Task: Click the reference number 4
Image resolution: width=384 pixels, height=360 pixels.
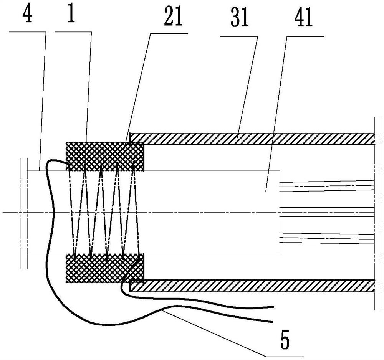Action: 27,15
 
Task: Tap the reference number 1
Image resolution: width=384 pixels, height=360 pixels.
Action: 71,14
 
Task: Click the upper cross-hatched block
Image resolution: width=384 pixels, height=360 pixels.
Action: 105,157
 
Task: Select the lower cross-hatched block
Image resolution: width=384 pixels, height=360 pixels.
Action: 105,269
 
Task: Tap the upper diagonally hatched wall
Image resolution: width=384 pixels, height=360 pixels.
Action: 252,139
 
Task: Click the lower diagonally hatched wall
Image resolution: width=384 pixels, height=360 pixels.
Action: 252,286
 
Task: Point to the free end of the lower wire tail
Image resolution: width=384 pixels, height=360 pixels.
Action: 272,322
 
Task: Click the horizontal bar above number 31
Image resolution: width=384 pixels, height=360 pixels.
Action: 239,36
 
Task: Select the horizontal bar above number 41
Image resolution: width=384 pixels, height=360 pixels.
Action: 305,37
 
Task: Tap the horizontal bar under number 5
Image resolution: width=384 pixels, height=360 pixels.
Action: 285,356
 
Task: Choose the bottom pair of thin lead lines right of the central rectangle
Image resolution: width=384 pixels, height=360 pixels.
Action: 327,238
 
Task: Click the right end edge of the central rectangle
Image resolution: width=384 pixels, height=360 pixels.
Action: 280,212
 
